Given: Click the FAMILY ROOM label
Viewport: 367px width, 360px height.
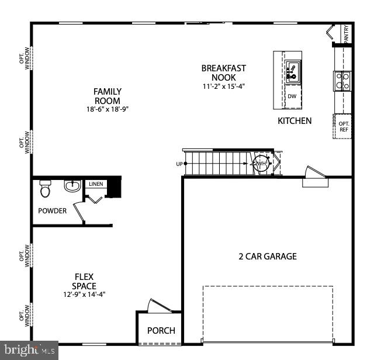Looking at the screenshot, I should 108,96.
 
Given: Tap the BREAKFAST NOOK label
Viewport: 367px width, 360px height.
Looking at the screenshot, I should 223,72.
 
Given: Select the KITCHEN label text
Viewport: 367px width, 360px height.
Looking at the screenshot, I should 294,121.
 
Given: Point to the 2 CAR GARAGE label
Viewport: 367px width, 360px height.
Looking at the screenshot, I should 267,256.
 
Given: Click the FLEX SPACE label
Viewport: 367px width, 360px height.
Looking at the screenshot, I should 84,281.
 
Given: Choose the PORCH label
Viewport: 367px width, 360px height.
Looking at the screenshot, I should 161,330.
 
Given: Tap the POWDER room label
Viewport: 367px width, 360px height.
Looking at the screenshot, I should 53,211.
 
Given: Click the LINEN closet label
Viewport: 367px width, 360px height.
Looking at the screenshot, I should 96,184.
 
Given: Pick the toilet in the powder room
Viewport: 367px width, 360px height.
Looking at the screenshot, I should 46,189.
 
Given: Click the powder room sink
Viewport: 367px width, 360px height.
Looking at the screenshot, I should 72,187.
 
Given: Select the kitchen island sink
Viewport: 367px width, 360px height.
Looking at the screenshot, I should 293,72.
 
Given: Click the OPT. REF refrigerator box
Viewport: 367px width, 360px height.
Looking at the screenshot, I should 343,126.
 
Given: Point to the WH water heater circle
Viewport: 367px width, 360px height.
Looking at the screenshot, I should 261,164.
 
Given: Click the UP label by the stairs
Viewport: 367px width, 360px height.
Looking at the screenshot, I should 179,164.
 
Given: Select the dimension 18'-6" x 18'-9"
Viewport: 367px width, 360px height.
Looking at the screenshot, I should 108,109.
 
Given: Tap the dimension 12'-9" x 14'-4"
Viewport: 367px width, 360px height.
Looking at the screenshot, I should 84,295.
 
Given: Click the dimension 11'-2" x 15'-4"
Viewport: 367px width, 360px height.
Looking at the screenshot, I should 223,86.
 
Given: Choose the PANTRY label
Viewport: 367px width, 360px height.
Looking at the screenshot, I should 347,33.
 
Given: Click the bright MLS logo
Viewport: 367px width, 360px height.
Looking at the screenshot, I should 28,351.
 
